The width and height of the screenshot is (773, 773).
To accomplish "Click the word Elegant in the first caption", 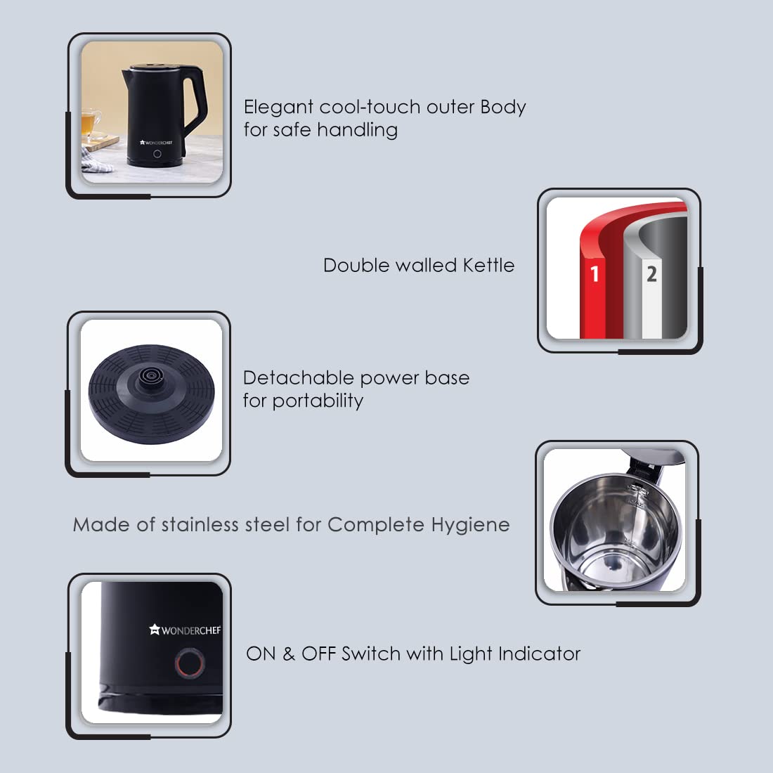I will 278,108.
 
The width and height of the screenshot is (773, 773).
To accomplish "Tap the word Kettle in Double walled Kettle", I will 488,266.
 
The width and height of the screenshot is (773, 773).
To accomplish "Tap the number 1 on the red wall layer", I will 595,273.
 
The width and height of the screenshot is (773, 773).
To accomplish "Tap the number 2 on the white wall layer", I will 651,273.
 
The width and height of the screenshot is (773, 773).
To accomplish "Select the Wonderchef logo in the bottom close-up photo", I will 185,630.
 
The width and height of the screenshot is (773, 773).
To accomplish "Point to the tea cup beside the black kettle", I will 91,125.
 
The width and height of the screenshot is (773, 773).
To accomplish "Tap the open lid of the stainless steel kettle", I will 654,458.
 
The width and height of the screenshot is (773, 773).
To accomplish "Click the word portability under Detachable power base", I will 318,401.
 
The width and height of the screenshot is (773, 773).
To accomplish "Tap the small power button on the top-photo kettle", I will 157,154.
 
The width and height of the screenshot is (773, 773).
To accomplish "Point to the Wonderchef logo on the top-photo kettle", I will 156,142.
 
